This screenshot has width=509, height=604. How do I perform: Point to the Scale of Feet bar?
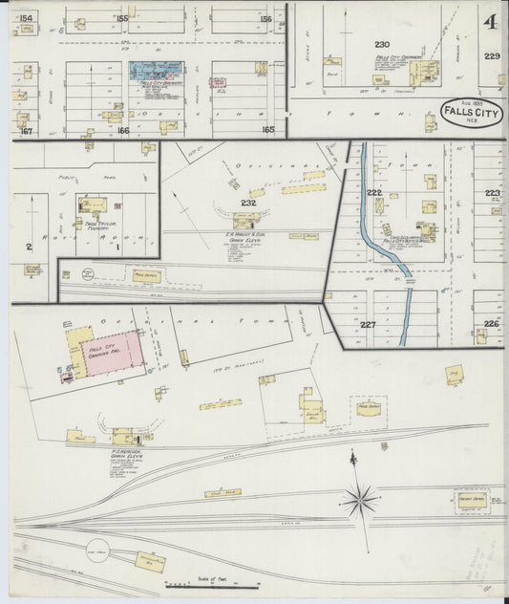pyautogui.click(x=200, y=583)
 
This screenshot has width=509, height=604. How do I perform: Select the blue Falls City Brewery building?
pyautogui.click(x=156, y=72)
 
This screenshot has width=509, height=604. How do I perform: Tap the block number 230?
pyautogui.click(x=382, y=45)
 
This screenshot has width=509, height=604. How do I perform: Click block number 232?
pyautogui.click(x=248, y=204)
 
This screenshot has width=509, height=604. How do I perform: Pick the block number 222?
pyautogui.click(x=374, y=192)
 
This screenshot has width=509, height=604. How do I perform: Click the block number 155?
pyautogui.click(x=121, y=18)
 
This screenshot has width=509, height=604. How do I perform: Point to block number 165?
pyautogui.click(x=267, y=129)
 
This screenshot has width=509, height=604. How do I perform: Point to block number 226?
pyautogui.click(x=491, y=324)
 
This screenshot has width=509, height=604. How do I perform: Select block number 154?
pyautogui.click(x=25, y=18)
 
